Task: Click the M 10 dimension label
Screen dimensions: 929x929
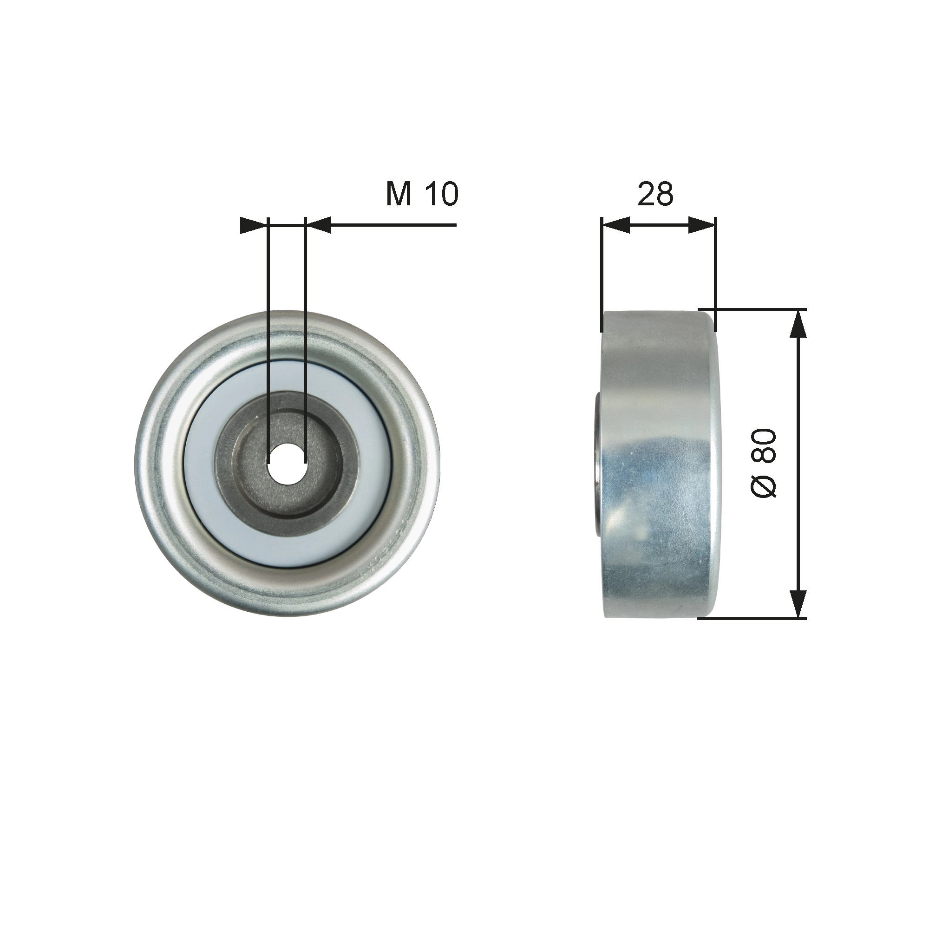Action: tap(422, 194)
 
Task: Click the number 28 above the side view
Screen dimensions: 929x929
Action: tap(655, 194)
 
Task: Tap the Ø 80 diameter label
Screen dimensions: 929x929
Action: tap(764, 463)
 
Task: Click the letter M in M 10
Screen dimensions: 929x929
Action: tap(399, 194)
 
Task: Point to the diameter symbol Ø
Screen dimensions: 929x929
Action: tap(764, 486)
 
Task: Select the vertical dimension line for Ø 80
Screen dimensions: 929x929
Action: tap(798, 464)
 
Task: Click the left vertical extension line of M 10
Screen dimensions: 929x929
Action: tap(269, 337)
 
